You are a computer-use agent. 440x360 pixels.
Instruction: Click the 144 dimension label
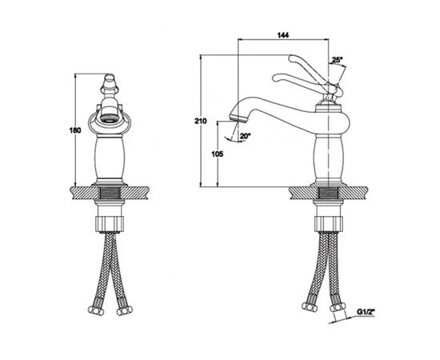[x=283, y=35]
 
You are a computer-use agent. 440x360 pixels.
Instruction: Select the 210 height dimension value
[x=201, y=122]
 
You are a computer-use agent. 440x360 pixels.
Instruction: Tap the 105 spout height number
[x=218, y=154]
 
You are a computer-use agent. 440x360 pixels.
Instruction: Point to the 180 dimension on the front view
[x=75, y=130]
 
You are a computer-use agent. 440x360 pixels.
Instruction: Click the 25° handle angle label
[x=337, y=60]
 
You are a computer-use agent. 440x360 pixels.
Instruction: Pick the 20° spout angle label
[x=245, y=136]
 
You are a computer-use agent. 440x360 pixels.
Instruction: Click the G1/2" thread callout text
[x=366, y=312]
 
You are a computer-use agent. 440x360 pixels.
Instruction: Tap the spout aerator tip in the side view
[x=238, y=118]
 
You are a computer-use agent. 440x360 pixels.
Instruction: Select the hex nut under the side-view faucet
[x=328, y=223]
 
